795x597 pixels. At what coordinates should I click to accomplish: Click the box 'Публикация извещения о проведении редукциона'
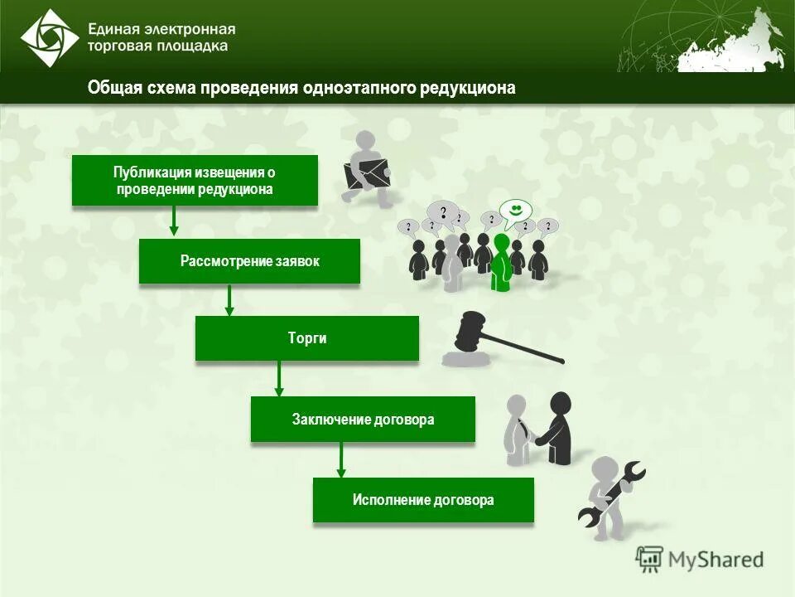click(195, 180)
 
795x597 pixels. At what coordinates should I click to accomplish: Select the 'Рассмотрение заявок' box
click(249, 261)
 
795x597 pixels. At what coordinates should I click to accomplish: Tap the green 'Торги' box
click(307, 338)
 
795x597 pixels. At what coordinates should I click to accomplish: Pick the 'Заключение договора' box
click(363, 420)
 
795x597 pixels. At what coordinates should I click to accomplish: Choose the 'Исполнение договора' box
click(423, 500)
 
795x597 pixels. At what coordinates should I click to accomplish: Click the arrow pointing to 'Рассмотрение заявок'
click(174, 221)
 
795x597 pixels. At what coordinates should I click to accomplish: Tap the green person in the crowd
click(500, 261)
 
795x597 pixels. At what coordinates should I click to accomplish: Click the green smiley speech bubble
click(515, 211)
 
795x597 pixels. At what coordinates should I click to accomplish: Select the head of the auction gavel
click(470, 330)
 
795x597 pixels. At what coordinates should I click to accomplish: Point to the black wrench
click(611, 495)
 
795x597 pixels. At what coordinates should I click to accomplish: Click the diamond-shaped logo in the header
click(50, 37)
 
